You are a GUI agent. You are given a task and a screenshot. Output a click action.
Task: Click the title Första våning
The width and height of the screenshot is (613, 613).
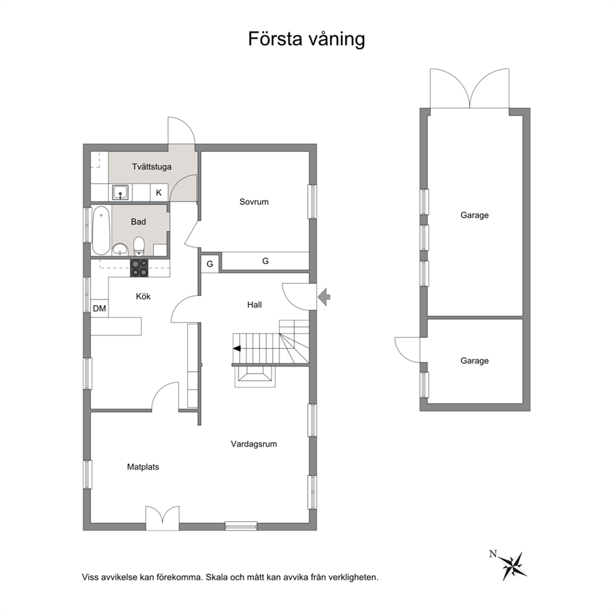[306, 40]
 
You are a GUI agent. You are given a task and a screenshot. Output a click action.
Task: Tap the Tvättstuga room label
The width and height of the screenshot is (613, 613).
[151, 167]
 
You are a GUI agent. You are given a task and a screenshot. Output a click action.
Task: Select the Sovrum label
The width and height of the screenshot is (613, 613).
[254, 201]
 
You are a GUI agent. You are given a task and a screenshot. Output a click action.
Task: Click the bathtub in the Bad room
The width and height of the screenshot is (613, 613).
[101, 230]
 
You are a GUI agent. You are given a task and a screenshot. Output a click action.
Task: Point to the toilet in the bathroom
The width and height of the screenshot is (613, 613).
[139, 245]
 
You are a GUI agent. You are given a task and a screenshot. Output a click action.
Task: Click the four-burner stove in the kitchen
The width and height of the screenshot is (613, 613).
[139, 268]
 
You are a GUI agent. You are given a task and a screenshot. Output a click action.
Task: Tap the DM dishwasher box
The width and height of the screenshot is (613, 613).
[99, 308]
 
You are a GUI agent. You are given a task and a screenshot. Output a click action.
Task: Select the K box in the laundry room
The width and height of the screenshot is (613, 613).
[159, 192]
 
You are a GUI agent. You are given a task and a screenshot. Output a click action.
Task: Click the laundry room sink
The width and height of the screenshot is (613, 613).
[120, 192]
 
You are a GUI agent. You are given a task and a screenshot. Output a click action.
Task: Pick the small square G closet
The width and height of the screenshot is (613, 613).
[210, 264]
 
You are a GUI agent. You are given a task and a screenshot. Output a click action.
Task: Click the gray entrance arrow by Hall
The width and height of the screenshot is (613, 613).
[324, 297]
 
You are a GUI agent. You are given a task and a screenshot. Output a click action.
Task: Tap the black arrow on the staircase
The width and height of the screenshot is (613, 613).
[237, 349]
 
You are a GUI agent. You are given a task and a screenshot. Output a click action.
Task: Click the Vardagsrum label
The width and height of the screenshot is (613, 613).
[254, 444]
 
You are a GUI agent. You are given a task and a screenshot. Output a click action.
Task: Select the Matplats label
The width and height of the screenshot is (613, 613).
[143, 467]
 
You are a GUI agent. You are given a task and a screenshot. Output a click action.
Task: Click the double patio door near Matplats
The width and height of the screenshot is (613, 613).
[163, 518]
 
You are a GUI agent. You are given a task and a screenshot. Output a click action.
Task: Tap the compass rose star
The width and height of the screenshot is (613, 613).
[514, 565]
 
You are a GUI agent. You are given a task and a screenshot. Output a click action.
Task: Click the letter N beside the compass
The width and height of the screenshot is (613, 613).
[493, 554]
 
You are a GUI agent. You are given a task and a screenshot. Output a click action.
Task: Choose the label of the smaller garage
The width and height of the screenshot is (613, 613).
[475, 360]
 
